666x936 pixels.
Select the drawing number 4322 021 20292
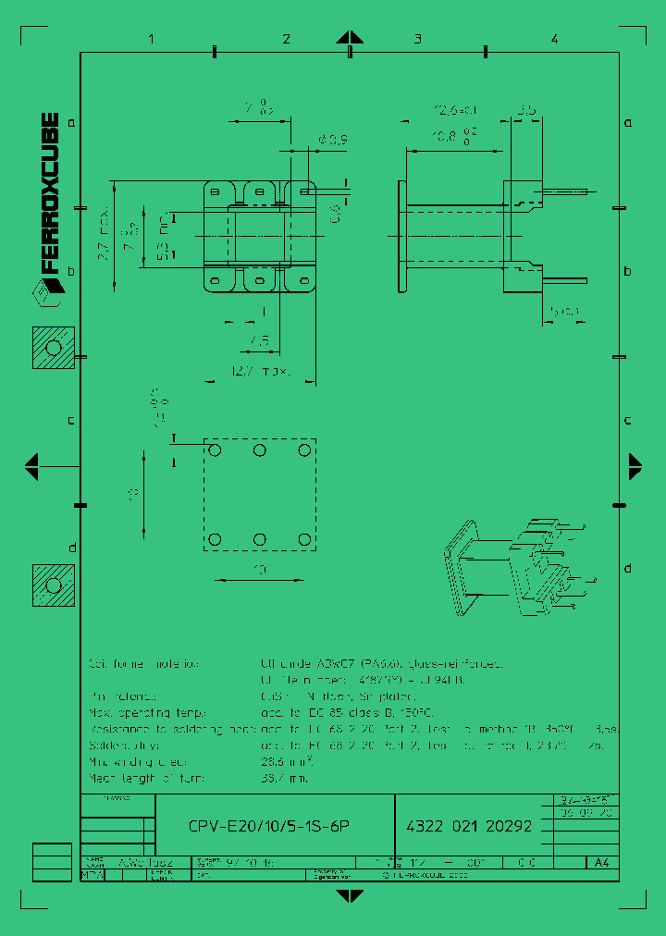470,826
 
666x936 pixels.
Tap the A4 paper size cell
601,863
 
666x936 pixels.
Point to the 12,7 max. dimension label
262,372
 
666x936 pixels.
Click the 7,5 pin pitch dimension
259,342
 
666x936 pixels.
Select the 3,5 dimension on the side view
527,111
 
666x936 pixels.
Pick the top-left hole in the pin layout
216,450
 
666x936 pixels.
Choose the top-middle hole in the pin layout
260,450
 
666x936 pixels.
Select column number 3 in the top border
418,39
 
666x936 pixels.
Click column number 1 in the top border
151,39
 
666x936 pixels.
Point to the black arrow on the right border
635,465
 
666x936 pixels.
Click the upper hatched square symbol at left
54,348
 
